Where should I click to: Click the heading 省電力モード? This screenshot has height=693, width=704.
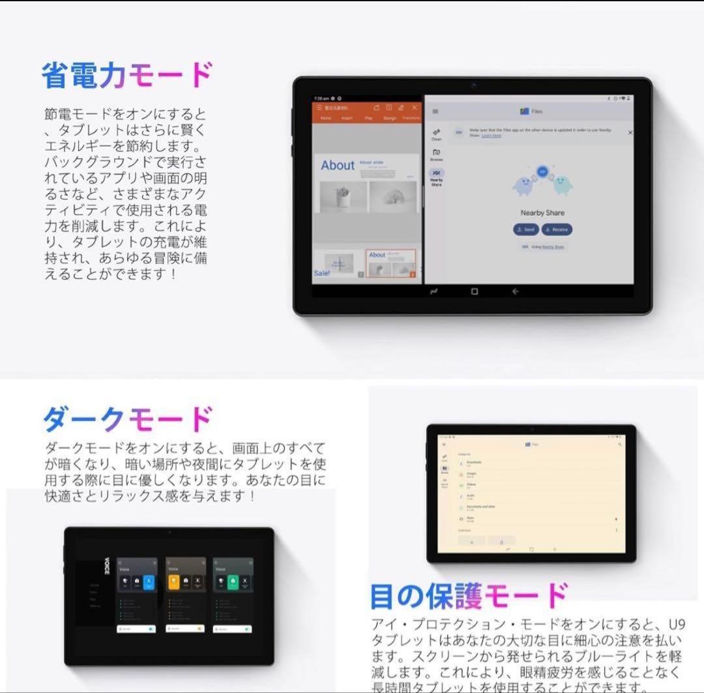pos(127,76)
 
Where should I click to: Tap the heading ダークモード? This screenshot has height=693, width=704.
pos(127,419)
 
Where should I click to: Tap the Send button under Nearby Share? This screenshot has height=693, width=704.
pos(525,229)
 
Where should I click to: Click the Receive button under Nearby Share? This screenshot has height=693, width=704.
pos(557,229)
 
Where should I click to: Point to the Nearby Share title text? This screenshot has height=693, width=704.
pos(542,213)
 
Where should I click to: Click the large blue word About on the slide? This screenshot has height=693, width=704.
pos(337,166)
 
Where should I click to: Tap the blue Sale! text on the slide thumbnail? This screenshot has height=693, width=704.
pos(322,273)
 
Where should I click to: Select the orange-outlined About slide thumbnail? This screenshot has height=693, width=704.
pos(390,263)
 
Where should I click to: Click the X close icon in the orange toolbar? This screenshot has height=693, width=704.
pos(415,108)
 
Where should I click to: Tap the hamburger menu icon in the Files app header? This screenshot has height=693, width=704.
pos(435,111)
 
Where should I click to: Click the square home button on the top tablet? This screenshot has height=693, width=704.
pos(474,291)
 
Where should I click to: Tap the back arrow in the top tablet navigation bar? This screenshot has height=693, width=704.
pos(515,291)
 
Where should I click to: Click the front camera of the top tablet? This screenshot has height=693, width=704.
pos(473,85)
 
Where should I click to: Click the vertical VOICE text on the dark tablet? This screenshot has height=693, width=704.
pos(107,565)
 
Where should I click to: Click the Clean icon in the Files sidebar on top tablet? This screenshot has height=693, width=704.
pos(436,134)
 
